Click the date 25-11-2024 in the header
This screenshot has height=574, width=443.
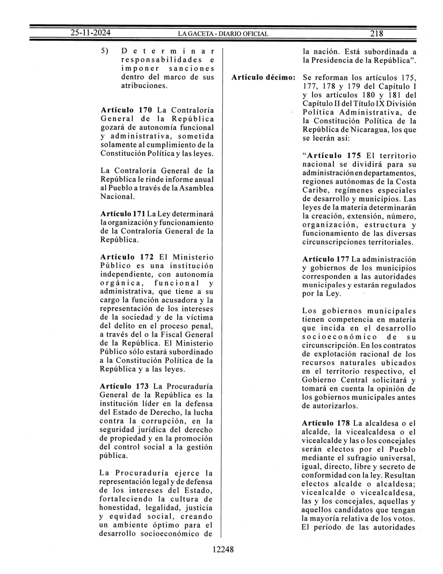point(90,33)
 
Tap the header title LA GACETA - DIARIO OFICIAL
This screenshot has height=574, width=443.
point(223,34)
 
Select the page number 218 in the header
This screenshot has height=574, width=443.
point(376,33)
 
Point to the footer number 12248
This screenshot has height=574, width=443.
point(222,549)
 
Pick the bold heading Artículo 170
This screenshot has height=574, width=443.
point(126,110)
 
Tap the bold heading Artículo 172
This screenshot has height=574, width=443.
point(127,256)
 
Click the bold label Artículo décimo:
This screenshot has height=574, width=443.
point(263,77)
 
